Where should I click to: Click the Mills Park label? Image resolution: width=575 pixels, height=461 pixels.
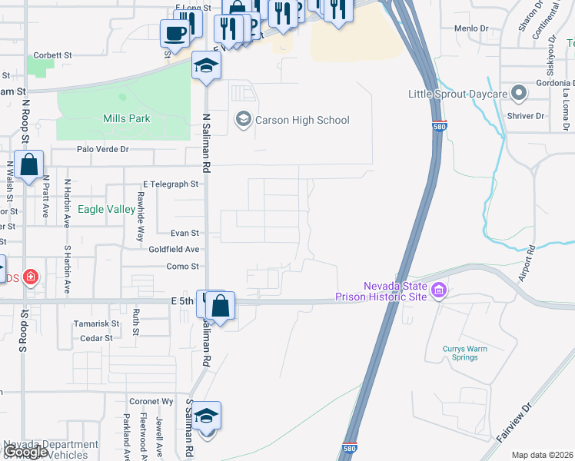tap(127, 118)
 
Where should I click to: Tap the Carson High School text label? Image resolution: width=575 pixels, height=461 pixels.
tap(302, 120)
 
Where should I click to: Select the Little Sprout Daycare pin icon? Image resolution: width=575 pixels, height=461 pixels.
tap(518, 94)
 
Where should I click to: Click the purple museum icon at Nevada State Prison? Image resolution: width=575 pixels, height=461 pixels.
tap(439, 290)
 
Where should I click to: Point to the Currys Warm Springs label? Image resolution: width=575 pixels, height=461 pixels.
tap(465, 353)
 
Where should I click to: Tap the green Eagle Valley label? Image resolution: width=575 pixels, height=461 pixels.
tap(108, 208)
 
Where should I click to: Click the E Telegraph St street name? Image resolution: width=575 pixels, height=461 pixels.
tap(171, 184)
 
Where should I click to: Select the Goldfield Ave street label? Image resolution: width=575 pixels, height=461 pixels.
tap(174, 249)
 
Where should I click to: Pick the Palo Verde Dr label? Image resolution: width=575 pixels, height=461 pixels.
tap(102, 149)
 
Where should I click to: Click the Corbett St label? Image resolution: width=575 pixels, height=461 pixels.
tap(52, 55)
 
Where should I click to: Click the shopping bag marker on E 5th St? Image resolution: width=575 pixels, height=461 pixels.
tap(220, 306)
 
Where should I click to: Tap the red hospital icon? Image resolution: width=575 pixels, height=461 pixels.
tap(30, 276)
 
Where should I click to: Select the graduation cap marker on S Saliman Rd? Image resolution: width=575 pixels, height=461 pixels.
tap(207, 416)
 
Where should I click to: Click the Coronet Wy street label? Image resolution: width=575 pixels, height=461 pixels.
tap(151, 401)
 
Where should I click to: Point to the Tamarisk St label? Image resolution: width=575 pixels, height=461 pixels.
tap(95, 323)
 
